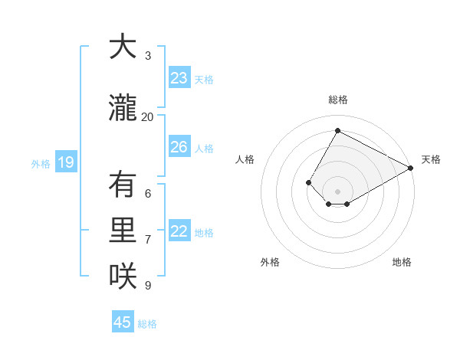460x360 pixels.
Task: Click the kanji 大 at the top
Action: click(122, 47)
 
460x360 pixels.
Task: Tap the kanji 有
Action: click(122, 185)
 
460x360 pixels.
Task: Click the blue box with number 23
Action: click(179, 78)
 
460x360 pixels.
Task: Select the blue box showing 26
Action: click(179, 147)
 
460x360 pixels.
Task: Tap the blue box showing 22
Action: click(179, 232)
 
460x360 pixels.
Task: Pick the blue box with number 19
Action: click(65, 162)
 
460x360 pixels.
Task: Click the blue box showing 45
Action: click(123, 322)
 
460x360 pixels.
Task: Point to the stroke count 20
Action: click(147, 116)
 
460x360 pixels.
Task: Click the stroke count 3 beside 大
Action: click(148, 55)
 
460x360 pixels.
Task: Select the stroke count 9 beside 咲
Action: click(148, 286)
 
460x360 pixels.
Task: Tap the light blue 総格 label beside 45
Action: click(147, 323)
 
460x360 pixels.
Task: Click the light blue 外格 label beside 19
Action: click(40, 163)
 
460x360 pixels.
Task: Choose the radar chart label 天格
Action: click(431, 159)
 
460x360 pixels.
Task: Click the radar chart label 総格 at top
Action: click(337, 100)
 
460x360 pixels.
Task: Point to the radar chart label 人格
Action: click(245, 159)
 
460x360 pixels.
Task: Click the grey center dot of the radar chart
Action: click(337, 191)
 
